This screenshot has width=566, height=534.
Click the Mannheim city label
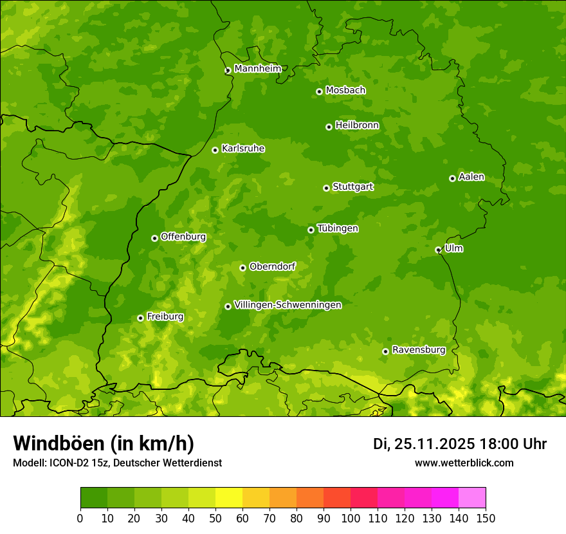257,69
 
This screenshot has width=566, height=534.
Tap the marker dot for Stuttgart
326,188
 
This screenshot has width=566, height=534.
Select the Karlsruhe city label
242,149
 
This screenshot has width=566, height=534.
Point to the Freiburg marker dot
140,318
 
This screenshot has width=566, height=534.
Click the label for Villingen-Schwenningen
288,305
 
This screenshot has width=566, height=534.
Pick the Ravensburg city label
419,350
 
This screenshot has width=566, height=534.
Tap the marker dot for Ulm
438,250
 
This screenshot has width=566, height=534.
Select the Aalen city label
471,177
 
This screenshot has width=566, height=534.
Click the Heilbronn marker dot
329,127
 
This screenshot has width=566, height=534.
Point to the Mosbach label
345,91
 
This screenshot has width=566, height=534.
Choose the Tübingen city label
338,228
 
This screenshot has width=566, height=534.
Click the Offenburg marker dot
154,238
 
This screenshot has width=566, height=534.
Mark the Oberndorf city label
272,266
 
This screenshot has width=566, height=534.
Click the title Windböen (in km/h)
103,443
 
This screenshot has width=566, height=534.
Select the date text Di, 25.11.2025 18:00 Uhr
459,444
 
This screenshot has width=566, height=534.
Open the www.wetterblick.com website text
464,463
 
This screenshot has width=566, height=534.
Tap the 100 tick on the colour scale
351,517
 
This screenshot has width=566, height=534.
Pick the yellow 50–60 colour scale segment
229,498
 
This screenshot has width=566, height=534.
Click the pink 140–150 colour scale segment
472,498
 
